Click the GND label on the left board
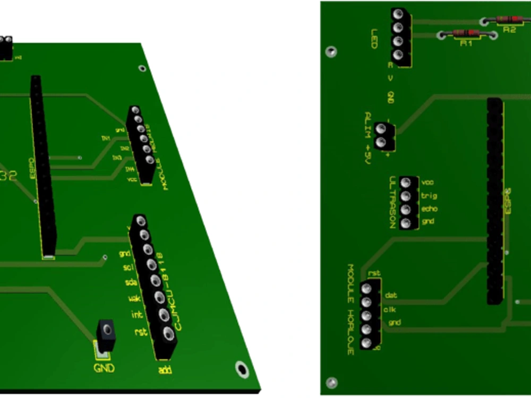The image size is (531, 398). point(104,368)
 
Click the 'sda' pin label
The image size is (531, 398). point(131,283)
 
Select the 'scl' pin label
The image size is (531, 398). point(128,267)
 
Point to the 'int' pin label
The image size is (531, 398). point(136,315)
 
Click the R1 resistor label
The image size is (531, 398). point(466,44)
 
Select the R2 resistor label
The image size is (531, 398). point(509,30)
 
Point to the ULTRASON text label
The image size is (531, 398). point(392,202)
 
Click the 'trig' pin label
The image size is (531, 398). point(429,196)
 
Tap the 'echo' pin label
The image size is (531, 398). point(429,209)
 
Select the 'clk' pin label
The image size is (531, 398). point(390,309)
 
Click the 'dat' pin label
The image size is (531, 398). point(391,295)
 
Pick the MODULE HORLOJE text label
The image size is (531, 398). point(350,310)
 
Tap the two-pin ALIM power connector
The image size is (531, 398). point(384,136)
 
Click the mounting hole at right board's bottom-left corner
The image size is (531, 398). point(332,383)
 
